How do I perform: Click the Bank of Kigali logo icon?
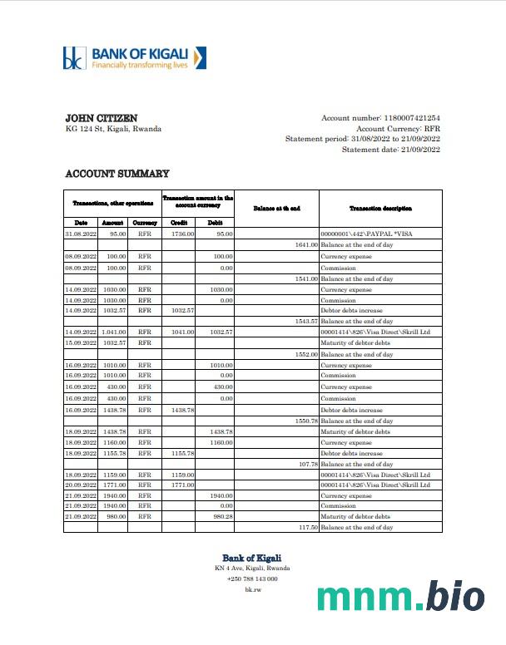[x=75, y=58]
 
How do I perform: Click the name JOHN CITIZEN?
[x=101, y=119]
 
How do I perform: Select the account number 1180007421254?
[x=411, y=119]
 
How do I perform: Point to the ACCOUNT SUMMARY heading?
[x=117, y=174]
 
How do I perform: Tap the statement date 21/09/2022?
[x=420, y=150]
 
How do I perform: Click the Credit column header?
[x=178, y=223]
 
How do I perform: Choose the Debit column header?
[x=215, y=223]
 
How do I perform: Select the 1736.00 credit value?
[x=182, y=234]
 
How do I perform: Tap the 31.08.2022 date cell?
[x=81, y=234]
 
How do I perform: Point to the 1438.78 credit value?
[x=182, y=410]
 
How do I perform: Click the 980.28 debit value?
[x=221, y=516]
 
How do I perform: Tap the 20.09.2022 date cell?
[x=81, y=485]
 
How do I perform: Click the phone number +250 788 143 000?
[x=251, y=579]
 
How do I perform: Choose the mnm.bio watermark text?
[x=400, y=598]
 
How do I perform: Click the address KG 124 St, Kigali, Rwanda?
[x=113, y=129]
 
